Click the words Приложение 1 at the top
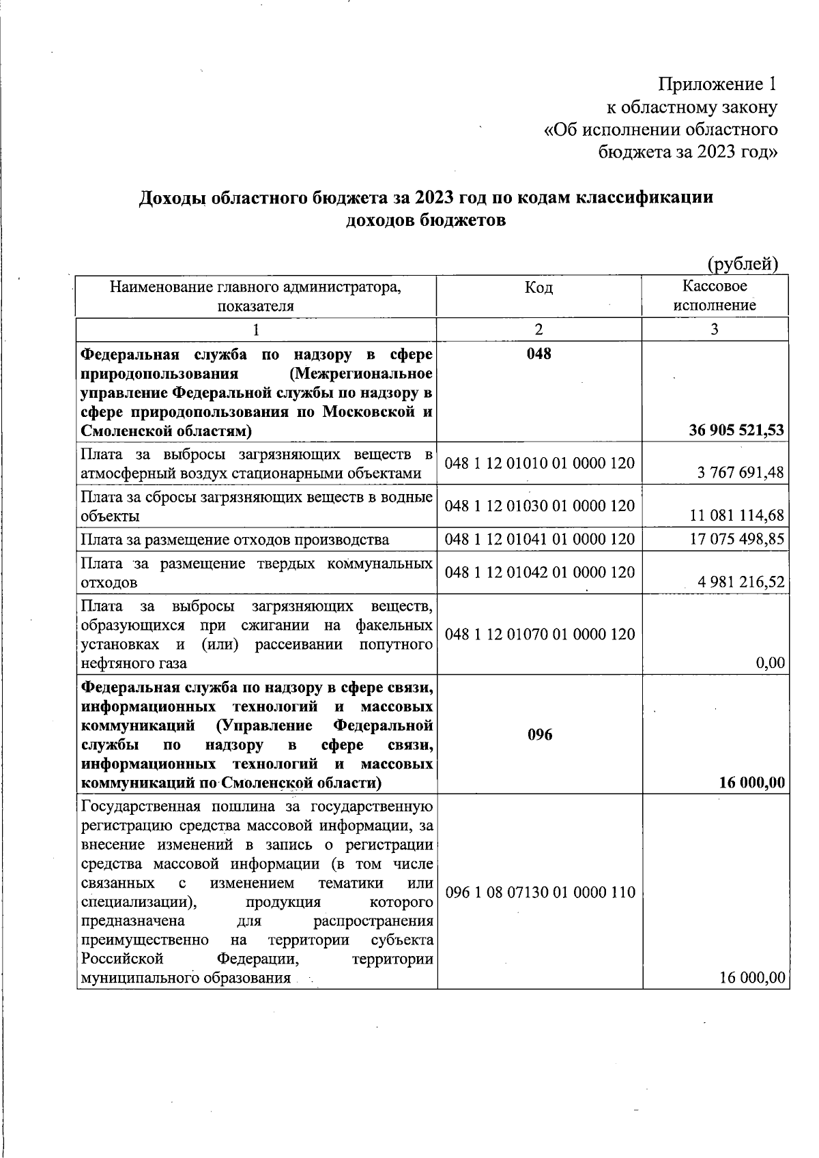tap(717, 85)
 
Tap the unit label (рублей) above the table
tap(743, 263)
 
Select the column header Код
tap(538, 288)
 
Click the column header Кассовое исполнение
tap(715, 295)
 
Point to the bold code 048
tap(538, 353)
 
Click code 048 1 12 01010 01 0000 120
tap(539, 463)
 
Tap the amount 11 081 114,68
tap(737, 515)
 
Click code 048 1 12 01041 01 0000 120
tap(539, 539)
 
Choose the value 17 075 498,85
tap(737, 539)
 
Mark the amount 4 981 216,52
tap(741, 582)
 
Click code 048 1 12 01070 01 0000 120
tap(539, 634)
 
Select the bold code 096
tap(539, 735)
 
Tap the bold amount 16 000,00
tap(751, 783)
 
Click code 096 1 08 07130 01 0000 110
tap(539, 893)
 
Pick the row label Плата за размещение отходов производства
tap(235, 540)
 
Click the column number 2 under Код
tap(539, 330)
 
